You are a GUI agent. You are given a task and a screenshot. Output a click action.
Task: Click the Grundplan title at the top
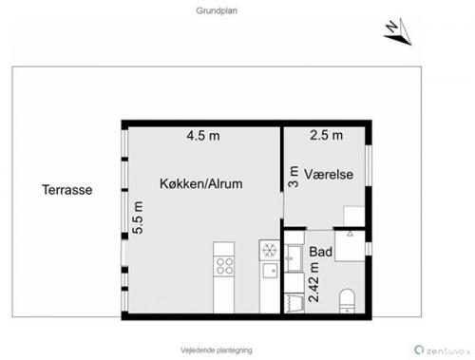[217, 10]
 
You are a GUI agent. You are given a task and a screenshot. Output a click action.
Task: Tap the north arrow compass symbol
[398, 31]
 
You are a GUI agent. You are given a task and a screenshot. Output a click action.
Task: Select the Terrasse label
[67, 190]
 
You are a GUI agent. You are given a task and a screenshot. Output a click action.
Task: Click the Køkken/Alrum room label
[201, 183]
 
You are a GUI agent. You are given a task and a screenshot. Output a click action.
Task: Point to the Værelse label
[329, 174]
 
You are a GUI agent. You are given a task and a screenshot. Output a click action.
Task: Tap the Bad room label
[320, 252]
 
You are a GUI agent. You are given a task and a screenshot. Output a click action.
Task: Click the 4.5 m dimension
[203, 136]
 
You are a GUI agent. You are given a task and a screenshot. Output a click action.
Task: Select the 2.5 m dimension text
[327, 135]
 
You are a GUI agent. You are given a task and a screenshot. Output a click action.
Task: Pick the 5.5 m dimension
[138, 218]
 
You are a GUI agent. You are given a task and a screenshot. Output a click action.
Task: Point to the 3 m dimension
[294, 177]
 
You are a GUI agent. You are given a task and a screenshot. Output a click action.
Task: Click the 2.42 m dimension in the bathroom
[313, 282]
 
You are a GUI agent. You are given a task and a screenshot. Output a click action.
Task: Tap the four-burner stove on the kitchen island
[224, 266]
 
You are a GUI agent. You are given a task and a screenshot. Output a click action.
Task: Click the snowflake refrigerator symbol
[270, 250]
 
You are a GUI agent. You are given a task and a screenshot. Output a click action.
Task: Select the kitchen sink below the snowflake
[270, 271]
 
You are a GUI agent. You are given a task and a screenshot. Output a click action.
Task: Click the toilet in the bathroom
[347, 301]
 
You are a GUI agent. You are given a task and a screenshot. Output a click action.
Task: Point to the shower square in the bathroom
[350, 246]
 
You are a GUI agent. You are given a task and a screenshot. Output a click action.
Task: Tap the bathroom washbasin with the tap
[294, 258]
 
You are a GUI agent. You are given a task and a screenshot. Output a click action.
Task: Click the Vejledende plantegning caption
[217, 351]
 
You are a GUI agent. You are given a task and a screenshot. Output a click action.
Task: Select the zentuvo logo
[442, 351]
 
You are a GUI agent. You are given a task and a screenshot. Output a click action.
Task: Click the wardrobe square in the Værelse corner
[354, 217]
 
